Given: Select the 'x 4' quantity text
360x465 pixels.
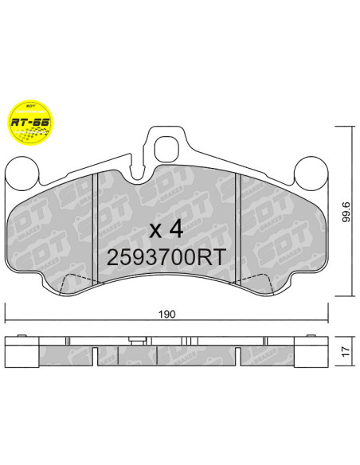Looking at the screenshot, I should [167, 229].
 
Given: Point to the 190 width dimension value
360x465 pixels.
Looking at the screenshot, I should [166, 315].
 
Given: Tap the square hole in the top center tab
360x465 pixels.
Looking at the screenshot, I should [167, 148].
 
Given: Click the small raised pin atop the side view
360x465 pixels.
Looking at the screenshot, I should [137, 342].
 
